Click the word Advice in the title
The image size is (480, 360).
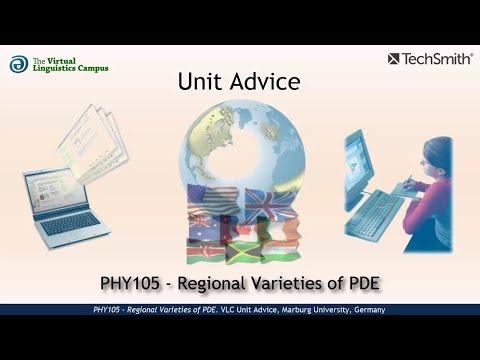264,81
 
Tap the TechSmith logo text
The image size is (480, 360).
437,59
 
